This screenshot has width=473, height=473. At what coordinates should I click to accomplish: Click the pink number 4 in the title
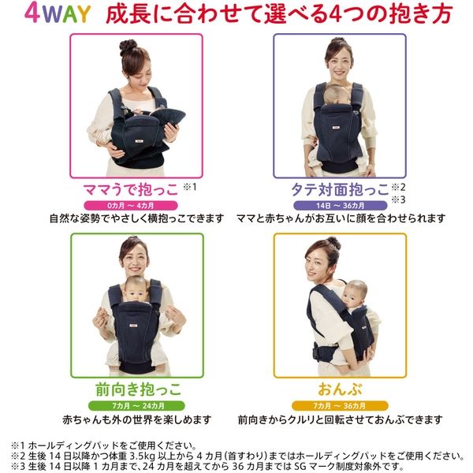(32, 13)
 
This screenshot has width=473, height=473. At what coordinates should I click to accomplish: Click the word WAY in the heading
(66, 14)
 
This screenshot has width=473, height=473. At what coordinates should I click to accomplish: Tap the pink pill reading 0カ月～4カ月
(131, 206)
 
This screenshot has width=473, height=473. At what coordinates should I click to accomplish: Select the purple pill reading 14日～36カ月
(340, 206)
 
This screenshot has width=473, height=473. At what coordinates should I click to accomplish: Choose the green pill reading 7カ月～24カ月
(136, 406)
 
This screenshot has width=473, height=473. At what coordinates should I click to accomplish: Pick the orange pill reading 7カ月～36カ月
(340, 406)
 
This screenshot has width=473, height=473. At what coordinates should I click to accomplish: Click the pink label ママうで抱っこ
(130, 190)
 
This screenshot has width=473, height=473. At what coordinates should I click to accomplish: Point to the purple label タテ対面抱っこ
(340, 190)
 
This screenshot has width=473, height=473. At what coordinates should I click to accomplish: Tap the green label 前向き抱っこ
(138, 389)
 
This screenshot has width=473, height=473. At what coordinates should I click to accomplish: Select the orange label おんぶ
(340, 389)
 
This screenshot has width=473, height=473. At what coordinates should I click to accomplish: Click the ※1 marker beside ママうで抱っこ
(190, 187)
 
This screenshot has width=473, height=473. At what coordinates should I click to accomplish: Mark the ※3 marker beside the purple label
(398, 199)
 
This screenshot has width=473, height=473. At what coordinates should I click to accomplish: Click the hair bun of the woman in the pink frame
(128, 47)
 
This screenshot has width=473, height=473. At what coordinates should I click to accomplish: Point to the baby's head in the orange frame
(354, 293)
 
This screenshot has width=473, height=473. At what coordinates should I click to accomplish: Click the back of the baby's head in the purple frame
(337, 95)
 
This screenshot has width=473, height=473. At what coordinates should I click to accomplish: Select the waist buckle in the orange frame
(317, 352)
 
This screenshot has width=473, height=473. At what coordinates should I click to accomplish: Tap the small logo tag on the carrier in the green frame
(134, 326)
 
